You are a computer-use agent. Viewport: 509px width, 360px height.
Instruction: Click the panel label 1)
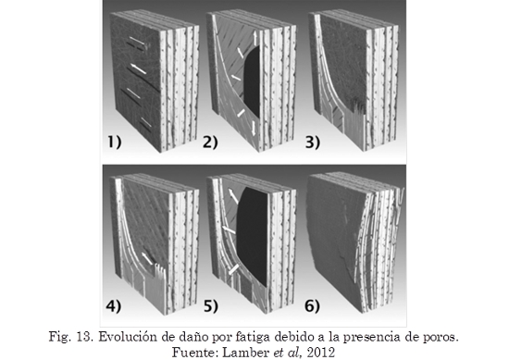click(114, 143)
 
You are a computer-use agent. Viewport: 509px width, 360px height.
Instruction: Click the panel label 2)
click(210, 143)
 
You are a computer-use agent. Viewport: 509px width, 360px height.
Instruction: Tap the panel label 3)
click(312, 143)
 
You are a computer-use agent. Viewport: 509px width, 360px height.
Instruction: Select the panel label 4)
click(113, 306)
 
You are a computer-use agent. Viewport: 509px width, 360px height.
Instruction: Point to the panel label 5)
click(211, 306)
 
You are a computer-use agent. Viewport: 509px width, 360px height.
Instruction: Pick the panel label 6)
click(312, 306)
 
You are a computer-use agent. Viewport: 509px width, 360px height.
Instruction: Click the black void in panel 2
click(252, 82)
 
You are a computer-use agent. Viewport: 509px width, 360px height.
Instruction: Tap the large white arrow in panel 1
click(138, 68)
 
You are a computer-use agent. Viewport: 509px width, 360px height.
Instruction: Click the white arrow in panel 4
click(147, 258)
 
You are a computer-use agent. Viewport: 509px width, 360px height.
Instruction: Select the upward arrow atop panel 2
click(255, 38)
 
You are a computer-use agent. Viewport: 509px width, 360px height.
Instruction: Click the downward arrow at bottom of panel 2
click(254, 128)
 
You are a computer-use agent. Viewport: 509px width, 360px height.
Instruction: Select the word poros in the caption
click(441, 338)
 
